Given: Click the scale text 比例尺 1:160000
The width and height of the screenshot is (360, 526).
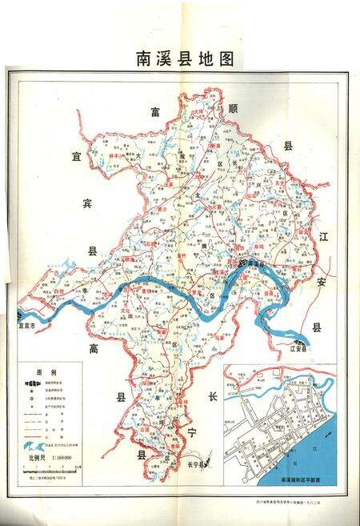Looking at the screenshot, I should [51, 458].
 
